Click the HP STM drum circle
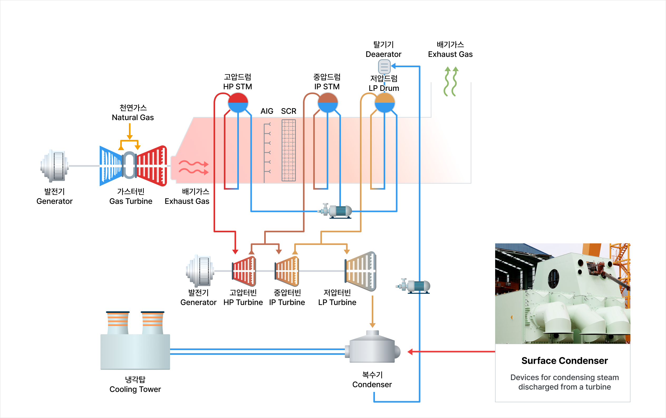coord(238,103)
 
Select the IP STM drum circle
coord(328,103)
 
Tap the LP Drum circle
coord(384,103)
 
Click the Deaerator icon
coord(384,67)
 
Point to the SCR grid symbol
coord(288,150)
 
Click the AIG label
coord(267,111)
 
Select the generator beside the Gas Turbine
coord(55,166)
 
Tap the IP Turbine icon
coord(287,271)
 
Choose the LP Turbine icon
coord(360,271)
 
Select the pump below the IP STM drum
coord(335,211)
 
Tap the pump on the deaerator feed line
coord(413,286)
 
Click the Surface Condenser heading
coord(564,361)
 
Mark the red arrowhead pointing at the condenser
coord(410,352)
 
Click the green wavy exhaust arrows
coord(451,81)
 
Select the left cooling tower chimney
coord(118,323)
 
